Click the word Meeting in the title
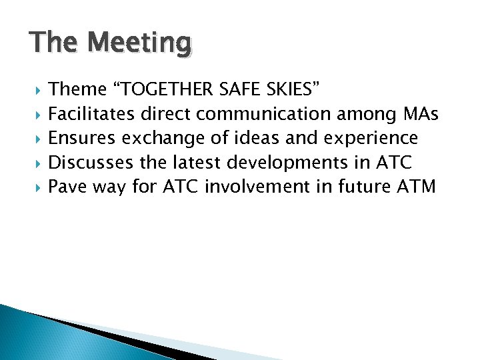tap(139, 43)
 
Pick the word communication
tap(276, 114)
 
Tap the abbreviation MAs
tap(421, 114)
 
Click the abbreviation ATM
tap(417, 186)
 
